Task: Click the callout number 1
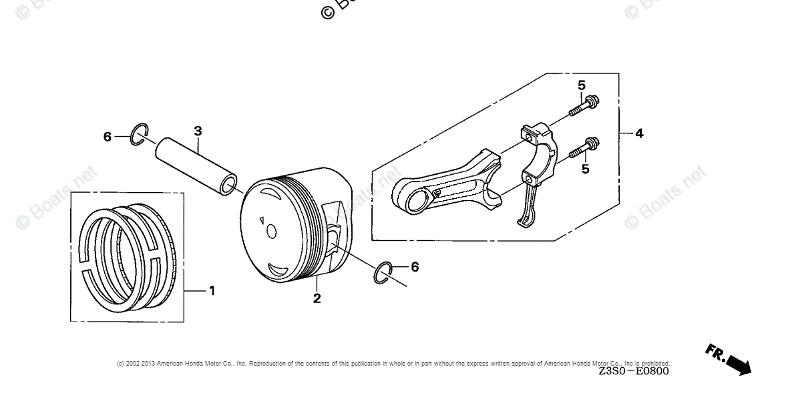(x=212, y=291)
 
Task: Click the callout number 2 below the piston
(x=317, y=298)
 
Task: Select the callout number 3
(x=198, y=131)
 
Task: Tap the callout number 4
(x=639, y=133)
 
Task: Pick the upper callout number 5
(x=582, y=85)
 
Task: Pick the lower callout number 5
(x=586, y=169)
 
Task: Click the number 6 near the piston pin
(x=107, y=137)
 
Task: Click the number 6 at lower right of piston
(x=415, y=267)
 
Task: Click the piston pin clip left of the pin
(x=139, y=133)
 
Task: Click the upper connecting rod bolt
(x=586, y=107)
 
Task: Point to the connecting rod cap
(x=538, y=167)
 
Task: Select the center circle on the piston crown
(x=271, y=231)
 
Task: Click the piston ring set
(x=127, y=257)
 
